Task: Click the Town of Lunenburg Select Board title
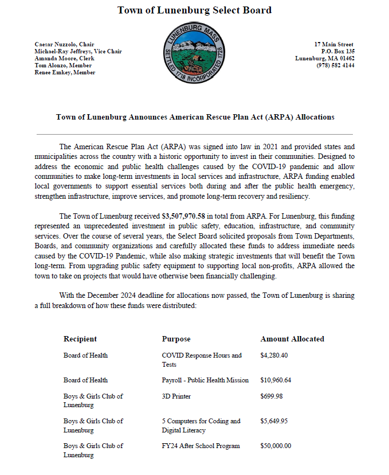coord(194,10)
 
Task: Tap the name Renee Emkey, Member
coord(65,72)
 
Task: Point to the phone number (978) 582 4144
coord(335,65)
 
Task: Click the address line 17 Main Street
coord(334,44)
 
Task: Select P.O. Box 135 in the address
coord(337,51)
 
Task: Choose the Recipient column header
coord(80,339)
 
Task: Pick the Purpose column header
coord(176,339)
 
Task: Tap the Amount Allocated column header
coord(292,339)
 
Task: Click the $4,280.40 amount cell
coord(274,355)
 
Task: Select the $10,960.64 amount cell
coord(275,380)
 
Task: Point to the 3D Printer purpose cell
coord(176,396)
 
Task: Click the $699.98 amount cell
coord(272,396)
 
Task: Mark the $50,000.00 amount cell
coord(275,446)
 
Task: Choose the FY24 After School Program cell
coord(200,446)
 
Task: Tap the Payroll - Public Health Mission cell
coord(205,380)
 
